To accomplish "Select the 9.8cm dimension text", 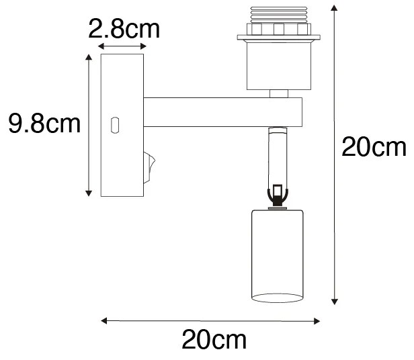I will pos(44,124).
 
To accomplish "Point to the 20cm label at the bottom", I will pos(214,340).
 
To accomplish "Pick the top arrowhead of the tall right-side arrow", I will pos(335,8).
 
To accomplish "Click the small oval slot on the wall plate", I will pos(115,125).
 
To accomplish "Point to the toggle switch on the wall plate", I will pos(151,165).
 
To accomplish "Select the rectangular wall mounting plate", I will pos(122,126).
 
